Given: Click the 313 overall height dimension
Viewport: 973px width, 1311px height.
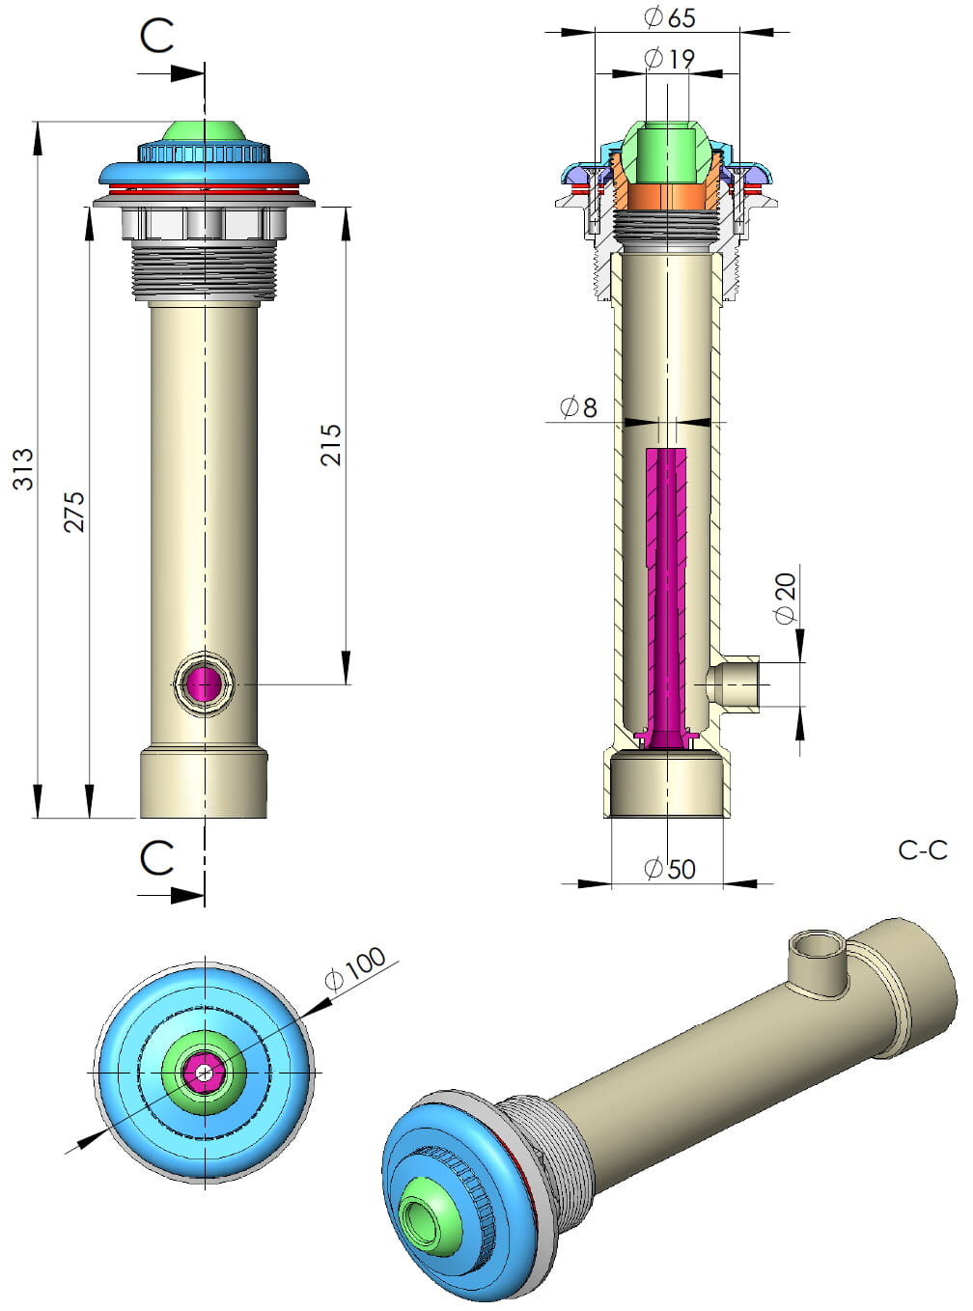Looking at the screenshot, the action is point(23,469).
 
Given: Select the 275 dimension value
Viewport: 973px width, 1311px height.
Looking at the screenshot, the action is point(74,512).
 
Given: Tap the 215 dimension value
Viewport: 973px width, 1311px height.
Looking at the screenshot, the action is point(331,445).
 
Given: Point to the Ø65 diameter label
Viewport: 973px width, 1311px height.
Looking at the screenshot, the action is point(669,17).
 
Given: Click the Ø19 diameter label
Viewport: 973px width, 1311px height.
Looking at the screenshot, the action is point(669,59).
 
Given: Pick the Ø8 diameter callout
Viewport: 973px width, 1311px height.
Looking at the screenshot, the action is point(578,407).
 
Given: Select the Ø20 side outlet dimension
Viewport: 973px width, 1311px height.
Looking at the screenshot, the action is point(786,599).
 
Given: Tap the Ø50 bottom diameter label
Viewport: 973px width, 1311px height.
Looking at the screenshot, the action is point(670,869).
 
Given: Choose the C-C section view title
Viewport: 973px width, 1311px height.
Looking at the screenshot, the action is point(923,851).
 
